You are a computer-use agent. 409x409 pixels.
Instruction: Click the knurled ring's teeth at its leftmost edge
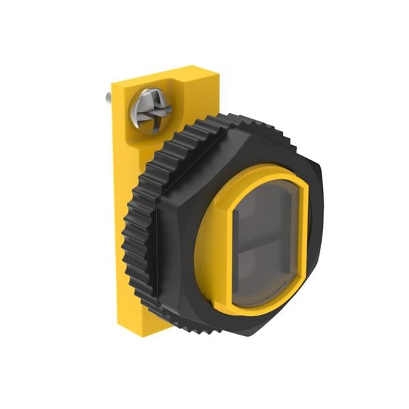coord(130,239)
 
